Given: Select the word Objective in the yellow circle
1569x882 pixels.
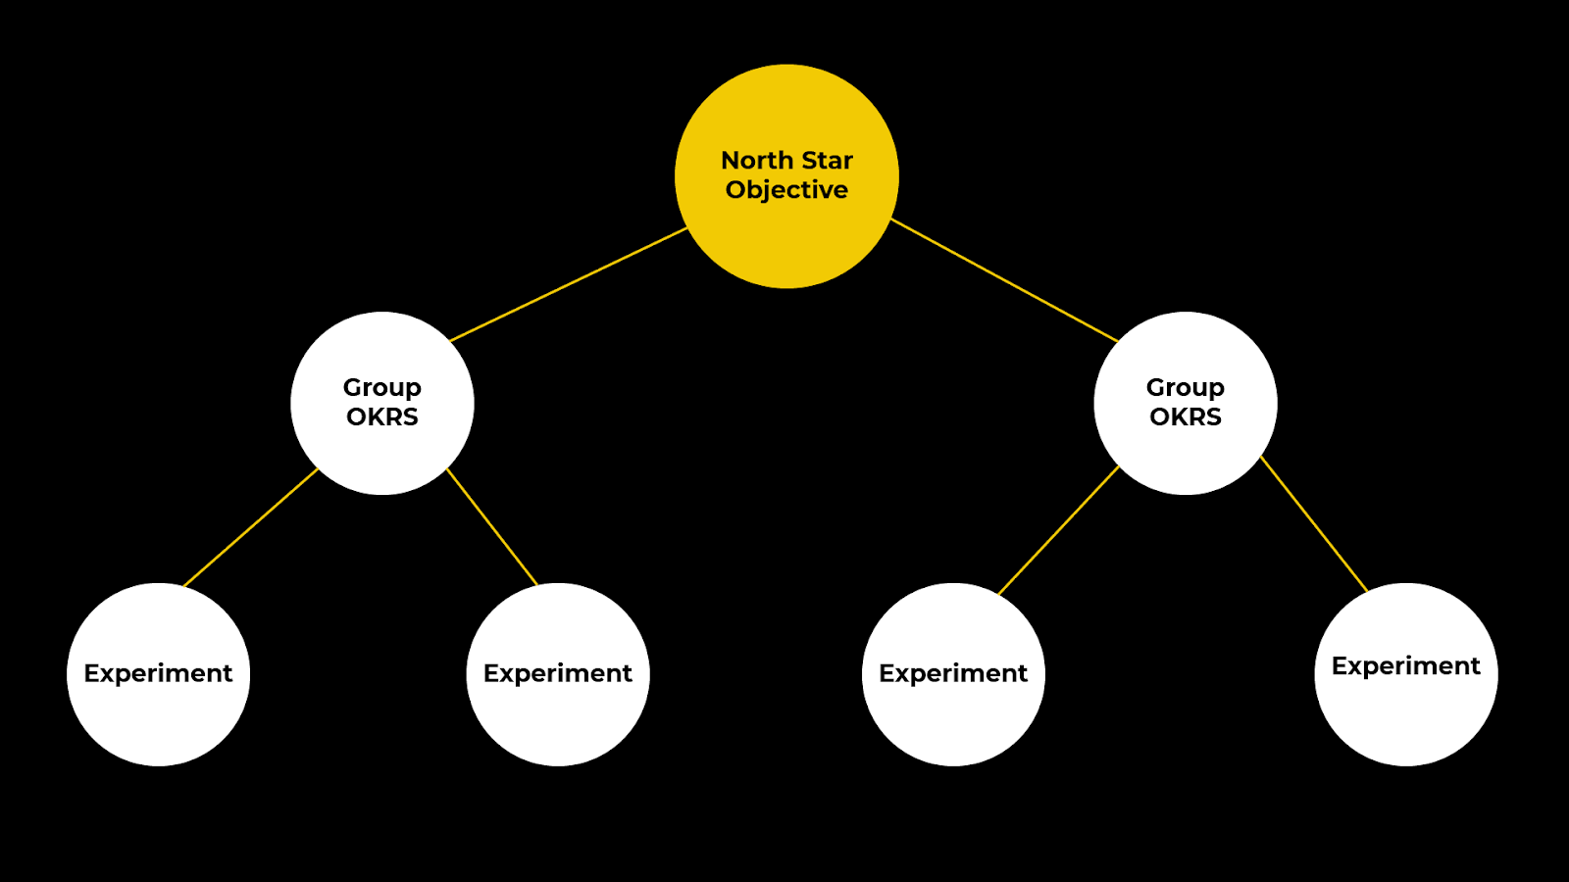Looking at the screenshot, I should [x=786, y=190].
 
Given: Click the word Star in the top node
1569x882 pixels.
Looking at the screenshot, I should [x=828, y=160].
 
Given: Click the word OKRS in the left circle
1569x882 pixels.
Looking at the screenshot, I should [x=382, y=417].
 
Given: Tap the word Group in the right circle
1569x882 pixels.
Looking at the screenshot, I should [x=1185, y=388].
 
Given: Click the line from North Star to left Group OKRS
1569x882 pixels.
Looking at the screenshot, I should [x=569, y=284].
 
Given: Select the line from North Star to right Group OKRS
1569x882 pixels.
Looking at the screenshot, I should [x=1005, y=280].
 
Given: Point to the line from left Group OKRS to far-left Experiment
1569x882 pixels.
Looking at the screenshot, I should [x=251, y=527].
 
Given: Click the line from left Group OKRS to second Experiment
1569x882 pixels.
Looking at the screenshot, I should [x=492, y=527].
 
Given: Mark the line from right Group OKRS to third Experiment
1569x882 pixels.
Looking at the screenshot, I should [x=1059, y=530].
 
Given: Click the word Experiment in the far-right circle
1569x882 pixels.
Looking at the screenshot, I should [x=1406, y=666].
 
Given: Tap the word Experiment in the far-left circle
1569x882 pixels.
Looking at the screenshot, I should [x=158, y=673].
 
